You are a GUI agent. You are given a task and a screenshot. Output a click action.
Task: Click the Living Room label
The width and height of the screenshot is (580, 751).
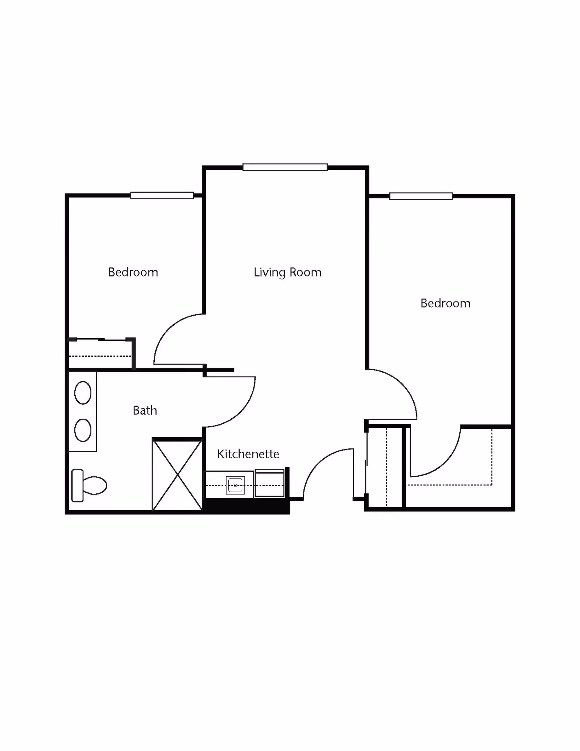(287, 272)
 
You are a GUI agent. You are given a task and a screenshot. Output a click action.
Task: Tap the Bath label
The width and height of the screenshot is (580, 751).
(145, 410)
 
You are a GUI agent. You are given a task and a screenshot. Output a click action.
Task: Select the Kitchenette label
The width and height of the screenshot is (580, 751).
(248, 454)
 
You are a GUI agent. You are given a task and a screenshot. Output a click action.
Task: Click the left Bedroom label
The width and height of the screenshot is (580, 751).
(133, 272)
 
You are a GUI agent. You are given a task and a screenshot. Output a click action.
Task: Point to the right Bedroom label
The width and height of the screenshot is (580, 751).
(445, 303)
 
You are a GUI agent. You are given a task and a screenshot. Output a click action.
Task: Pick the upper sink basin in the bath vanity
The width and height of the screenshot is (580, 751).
(83, 393)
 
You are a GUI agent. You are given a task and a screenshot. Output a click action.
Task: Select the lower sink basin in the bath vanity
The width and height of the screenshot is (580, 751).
(83, 430)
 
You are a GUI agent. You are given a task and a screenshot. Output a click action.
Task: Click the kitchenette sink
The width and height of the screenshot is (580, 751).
(235, 485)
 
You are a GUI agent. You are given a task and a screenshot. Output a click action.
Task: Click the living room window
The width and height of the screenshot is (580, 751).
(285, 167)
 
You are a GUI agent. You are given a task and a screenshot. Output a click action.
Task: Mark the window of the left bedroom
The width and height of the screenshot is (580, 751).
(162, 196)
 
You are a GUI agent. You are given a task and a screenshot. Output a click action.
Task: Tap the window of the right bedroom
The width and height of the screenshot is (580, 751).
(421, 196)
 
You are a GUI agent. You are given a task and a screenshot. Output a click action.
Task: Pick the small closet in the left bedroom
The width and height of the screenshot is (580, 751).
(100, 354)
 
